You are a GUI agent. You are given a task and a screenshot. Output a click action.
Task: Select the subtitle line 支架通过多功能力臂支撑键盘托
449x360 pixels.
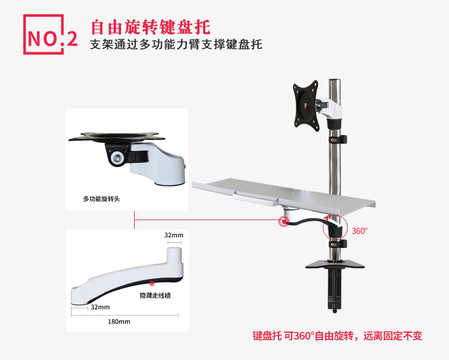click(x=176, y=45)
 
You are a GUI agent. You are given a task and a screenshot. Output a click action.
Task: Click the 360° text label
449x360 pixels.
click(x=360, y=231)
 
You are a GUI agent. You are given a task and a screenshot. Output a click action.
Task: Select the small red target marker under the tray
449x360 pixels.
click(x=283, y=221)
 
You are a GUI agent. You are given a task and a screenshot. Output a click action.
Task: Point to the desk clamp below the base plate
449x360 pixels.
click(x=335, y=290)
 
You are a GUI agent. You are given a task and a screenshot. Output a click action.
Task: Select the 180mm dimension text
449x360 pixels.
click(x=119, y=321)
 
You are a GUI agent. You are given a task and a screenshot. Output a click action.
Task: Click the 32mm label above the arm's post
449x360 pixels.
click(x=173, y=235)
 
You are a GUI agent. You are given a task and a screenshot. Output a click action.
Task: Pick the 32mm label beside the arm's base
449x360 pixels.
click(x=99, y=307)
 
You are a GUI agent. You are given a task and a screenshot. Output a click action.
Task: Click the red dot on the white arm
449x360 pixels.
click(x=151, y=283)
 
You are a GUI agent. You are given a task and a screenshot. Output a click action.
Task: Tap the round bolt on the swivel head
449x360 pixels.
click(x=118, y=158)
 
